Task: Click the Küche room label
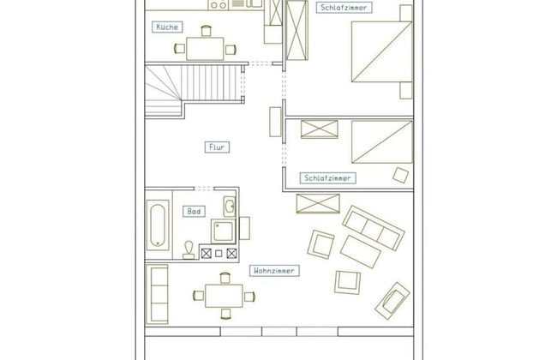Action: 167,27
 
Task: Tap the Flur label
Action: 217,147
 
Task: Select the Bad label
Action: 194,212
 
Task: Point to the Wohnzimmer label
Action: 274,271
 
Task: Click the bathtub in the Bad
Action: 158,225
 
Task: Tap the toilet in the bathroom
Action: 189,250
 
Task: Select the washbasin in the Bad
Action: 230,206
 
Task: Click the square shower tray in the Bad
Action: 223,231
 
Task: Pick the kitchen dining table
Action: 205,49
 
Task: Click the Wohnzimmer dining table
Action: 224,296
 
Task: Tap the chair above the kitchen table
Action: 206,31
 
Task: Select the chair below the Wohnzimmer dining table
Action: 225,314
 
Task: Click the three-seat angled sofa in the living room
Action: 374,228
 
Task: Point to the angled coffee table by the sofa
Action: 360,251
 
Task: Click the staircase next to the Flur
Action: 195,90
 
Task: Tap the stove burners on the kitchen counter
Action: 219,4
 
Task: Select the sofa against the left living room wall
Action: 157,294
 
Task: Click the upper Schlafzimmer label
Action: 344,8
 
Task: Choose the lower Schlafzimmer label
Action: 327,178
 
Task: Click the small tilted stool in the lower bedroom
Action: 401,175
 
